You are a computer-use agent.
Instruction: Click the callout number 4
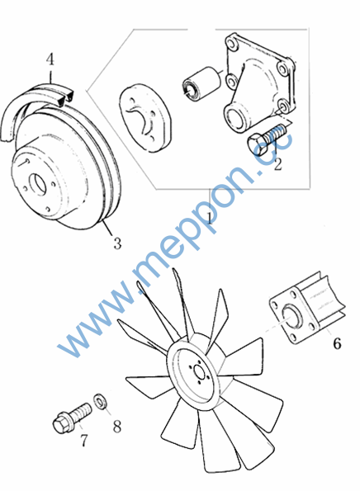coord(50,59)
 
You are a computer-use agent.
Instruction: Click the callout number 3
coord(117,243)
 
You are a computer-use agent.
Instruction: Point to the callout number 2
coord(277,163)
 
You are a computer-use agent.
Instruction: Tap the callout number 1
coord(210,217)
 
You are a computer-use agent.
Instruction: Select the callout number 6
coord(337,343)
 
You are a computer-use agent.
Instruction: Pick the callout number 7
coord(84,441)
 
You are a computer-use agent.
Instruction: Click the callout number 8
coord(117,426)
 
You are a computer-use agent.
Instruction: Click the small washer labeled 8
coord(101,401)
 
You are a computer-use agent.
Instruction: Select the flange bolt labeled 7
coord(72,418)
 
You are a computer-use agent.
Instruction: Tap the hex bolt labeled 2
coord(267,139)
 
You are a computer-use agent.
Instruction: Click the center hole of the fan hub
coord(199,371)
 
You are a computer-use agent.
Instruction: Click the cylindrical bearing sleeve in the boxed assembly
coord(201,83)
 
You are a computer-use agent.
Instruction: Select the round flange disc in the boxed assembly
coord(146,118)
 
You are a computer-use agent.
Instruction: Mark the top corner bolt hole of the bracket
coord(233,43)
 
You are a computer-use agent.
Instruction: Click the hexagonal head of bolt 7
coord(60,424)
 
